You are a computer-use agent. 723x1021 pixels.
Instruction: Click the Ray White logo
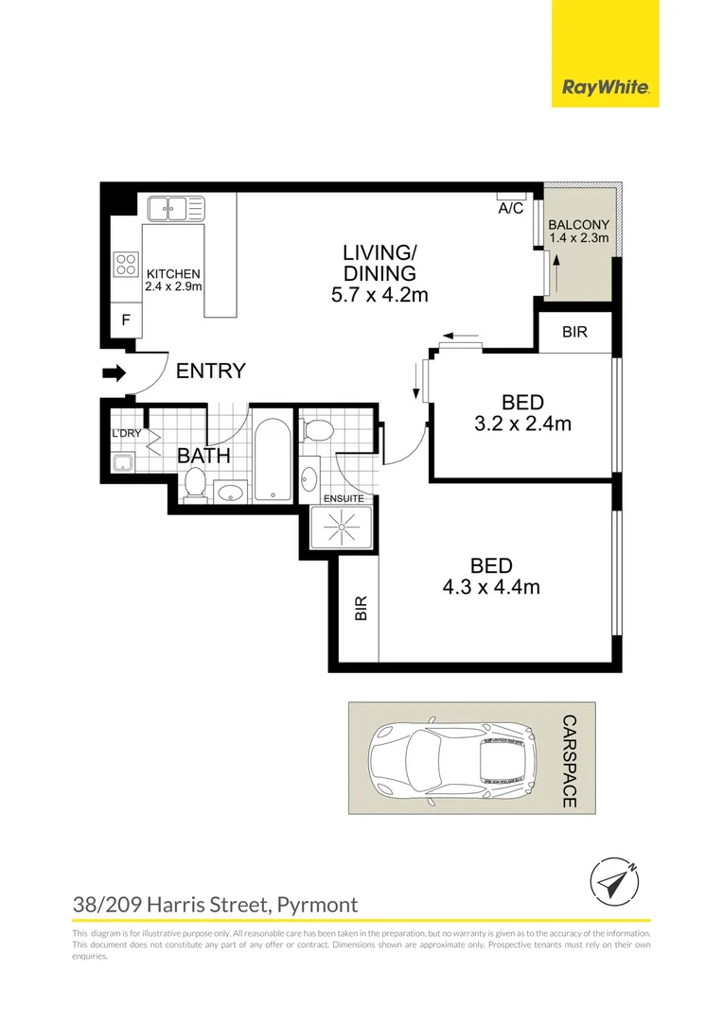[x=605, y=88]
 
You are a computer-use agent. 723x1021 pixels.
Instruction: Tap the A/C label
[x=511, y=208]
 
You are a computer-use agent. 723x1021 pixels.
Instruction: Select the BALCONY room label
[x=578, y=224]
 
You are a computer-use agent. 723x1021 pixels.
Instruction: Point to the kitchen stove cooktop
[x=126, y=264]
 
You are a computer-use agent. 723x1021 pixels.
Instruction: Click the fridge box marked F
[x=125, y=320]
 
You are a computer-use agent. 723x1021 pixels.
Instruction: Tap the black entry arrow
[x=114, y=374]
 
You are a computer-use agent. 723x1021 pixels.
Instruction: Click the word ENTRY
[x=211, y=372]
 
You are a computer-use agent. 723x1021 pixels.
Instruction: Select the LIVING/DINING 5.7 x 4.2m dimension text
[x=379, y=295]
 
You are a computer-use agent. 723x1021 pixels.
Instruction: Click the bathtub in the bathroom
[x=273, y=459]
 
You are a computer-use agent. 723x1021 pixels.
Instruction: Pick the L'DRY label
[x=126, y=434]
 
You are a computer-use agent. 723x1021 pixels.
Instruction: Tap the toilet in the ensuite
[x=317, y=431]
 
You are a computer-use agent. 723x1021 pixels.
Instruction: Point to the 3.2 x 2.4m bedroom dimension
[x=522, y=424]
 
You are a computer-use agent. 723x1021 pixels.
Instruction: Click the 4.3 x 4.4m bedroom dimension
[x=491, y=587]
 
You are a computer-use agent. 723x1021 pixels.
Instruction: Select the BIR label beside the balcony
[x=574, y=333]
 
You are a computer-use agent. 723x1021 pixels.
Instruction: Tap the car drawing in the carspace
[x=451, y=757]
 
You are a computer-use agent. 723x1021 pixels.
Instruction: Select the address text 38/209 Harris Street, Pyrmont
[x=216, y=905]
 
